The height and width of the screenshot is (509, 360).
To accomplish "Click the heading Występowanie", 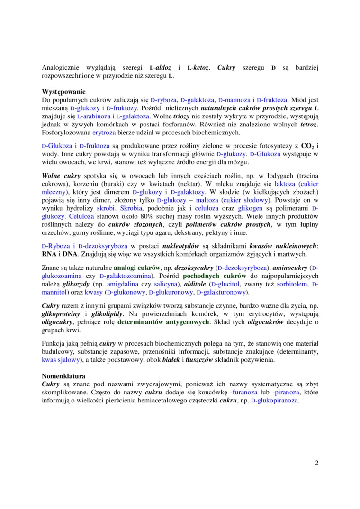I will tap(63, 91).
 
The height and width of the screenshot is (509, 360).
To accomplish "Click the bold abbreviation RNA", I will tap(49, 254).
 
